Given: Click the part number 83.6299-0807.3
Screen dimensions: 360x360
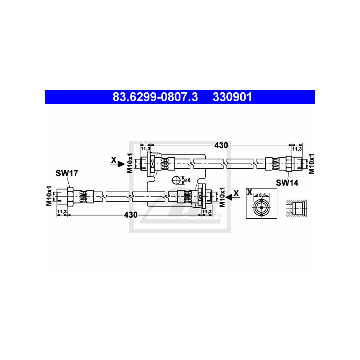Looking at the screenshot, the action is tap(155, 97).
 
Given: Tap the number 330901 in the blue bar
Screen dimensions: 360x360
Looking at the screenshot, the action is tap(232, 97).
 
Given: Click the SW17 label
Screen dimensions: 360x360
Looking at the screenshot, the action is tap(67, 173).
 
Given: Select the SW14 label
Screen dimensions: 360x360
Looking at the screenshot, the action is tap(287, 183).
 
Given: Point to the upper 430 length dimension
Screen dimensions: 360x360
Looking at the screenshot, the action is tap(221, 145).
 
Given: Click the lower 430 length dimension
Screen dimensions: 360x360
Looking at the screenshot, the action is tap(130, 215).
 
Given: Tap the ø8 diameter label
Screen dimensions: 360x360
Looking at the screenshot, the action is tap(187, 180).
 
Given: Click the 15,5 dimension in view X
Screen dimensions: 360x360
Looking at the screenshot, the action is tap(261, 195).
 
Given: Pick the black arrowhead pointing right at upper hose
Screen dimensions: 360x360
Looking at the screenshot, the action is tap(121, 164).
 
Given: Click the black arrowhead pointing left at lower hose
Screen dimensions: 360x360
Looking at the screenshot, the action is tap(229, 197).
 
